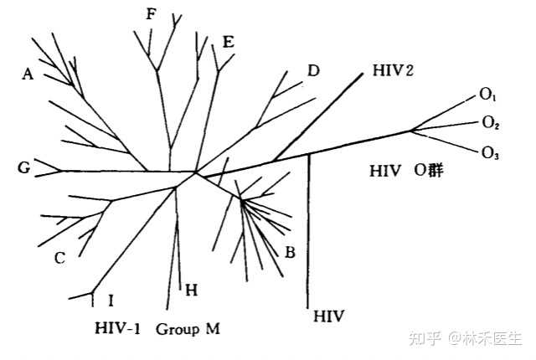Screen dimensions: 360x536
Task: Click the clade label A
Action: (28, 75)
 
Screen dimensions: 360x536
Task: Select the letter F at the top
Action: (150, 13)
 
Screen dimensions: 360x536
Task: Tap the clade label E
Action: (228, 43)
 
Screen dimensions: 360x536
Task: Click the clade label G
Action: (23, 169)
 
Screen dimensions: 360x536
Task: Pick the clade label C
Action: (59, 258)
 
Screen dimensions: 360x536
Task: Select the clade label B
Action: (291, 251)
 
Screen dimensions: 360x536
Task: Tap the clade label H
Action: (191, 291)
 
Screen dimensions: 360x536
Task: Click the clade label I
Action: (111, 299)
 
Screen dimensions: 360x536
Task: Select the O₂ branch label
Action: (491, 124)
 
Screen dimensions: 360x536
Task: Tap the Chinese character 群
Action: (434, 171)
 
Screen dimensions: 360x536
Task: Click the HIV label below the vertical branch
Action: (327, 316)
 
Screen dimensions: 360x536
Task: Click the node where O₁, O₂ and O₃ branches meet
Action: (411, 130)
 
